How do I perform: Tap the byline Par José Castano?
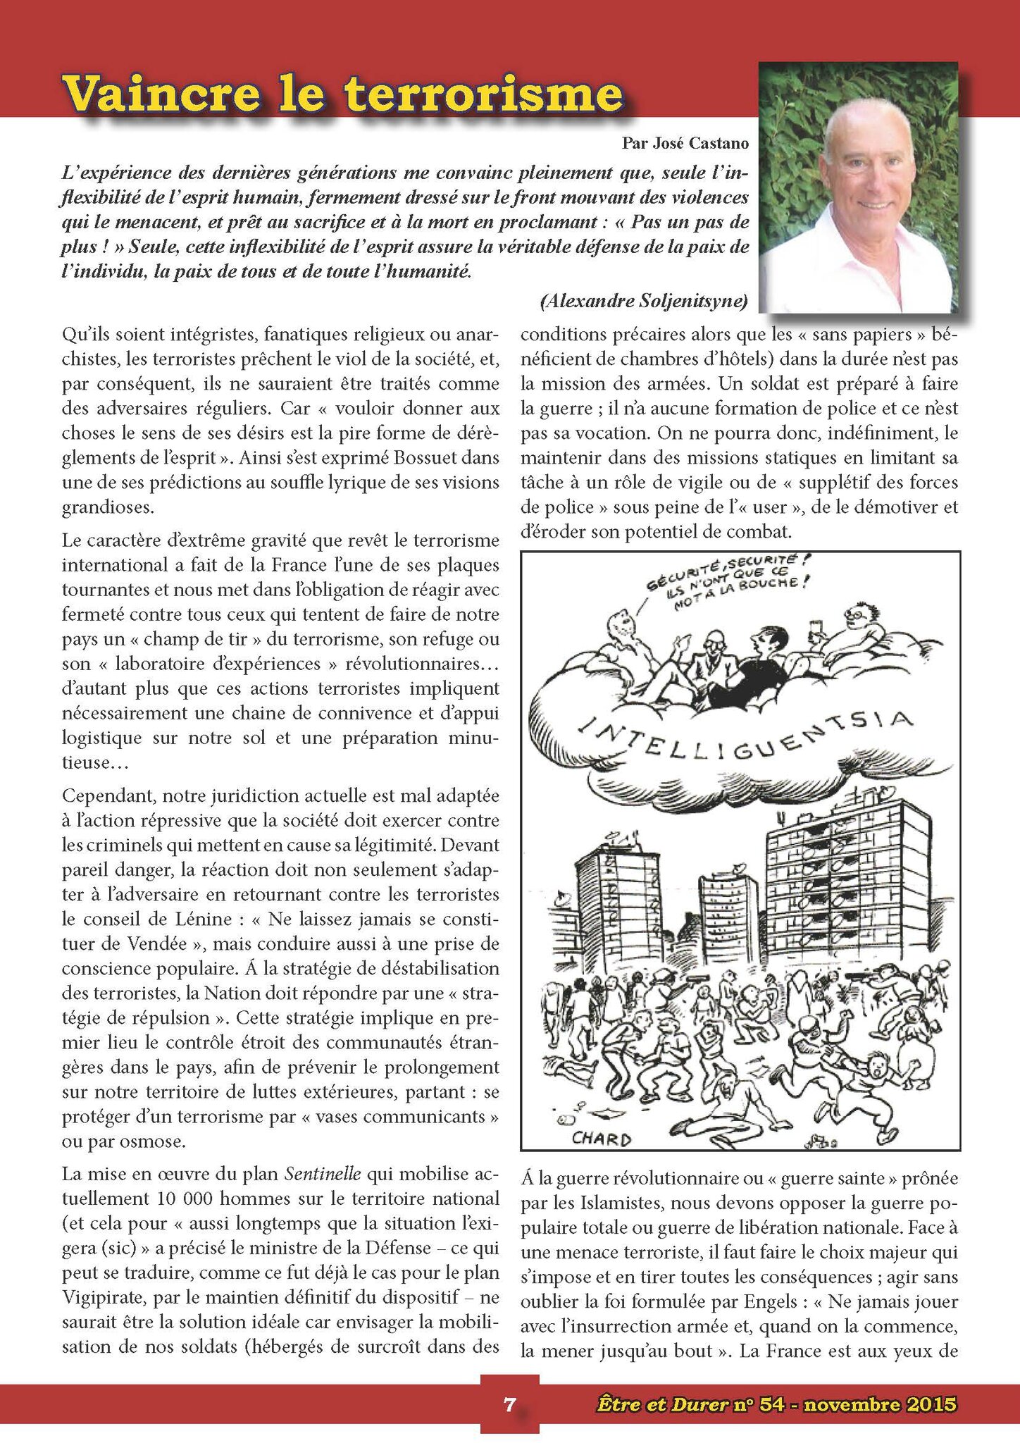pos(685,144)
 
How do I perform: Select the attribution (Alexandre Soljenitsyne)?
pos(644,302)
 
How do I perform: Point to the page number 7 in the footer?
pos(509,1404)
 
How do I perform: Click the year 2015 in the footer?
pos(928,1404)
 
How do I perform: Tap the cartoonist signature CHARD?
pos(601,1139)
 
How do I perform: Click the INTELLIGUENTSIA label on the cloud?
pos(747,743)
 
